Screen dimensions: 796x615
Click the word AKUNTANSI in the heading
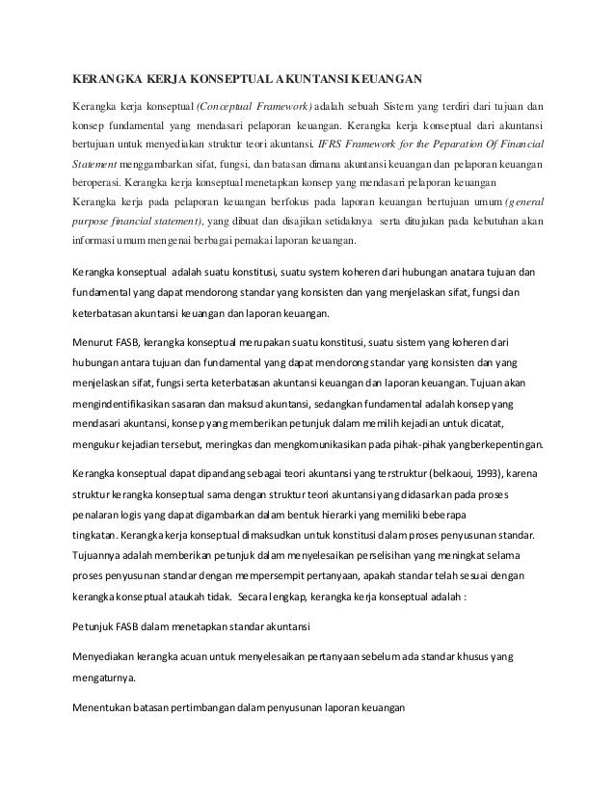pos(310,78)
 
